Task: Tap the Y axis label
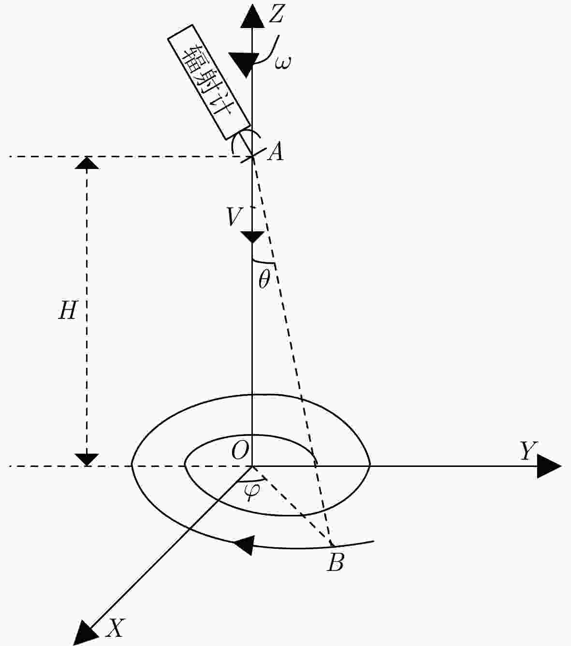(x=528, y=451)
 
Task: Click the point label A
(x=276, y=151)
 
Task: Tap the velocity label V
(x=234, y=216)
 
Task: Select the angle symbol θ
(x=264, y=280)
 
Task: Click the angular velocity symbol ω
(x=283, y=62)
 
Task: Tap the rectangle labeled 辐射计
(x=209, y=82)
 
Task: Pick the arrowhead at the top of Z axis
(x=253, y=16)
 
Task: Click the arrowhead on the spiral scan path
(x=244, y=545)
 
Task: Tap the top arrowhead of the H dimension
(x=87, y=163)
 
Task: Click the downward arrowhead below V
(x=252, y=238)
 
